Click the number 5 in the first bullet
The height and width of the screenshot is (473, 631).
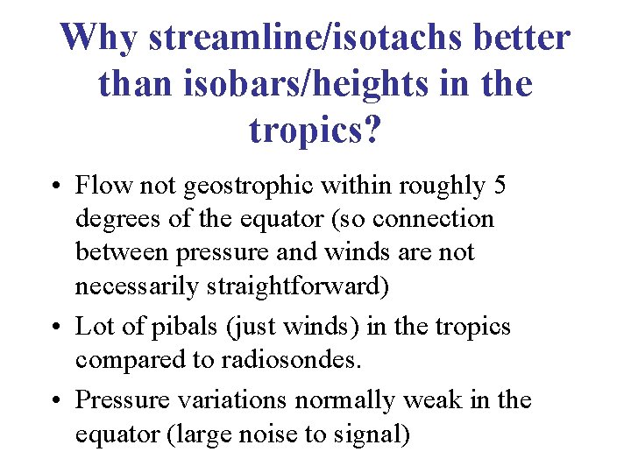click(500, 186)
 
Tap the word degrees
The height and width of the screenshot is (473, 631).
click(116, 219)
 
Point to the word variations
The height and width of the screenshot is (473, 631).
click(235, 400)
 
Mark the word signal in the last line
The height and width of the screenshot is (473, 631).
click(369, 434)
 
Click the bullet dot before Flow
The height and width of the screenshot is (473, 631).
click(54, 187)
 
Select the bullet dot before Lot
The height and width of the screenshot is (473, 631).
click(54, 328)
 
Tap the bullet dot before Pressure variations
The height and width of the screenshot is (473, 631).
click(54, 401)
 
